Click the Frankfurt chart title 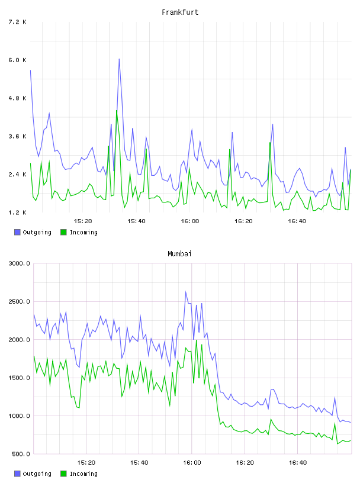pos(180,12)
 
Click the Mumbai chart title pos(179,254)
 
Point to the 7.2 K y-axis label pos(17,22)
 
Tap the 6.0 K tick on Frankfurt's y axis pos(17,60)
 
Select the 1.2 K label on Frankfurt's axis pos(17,212)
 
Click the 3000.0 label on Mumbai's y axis pos(19,263)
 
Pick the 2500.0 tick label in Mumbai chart pos(19,301)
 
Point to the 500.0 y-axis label pos(21,454)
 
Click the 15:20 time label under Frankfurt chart pos(83,221)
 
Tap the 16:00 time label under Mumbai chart pos(192,463)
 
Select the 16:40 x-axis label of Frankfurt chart pos(297,221)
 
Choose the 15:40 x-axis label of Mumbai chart pos(139,463)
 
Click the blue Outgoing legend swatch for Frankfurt pos(17,232)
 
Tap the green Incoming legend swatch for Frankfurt pos(63,232)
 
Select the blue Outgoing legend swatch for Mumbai pos(17,474)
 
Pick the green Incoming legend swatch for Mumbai pos(63,474)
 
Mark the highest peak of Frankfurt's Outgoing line pos(119,59)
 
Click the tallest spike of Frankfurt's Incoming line pos(117,110)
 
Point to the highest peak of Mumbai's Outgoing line pos(185,291)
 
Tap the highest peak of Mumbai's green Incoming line pos(197,340)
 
